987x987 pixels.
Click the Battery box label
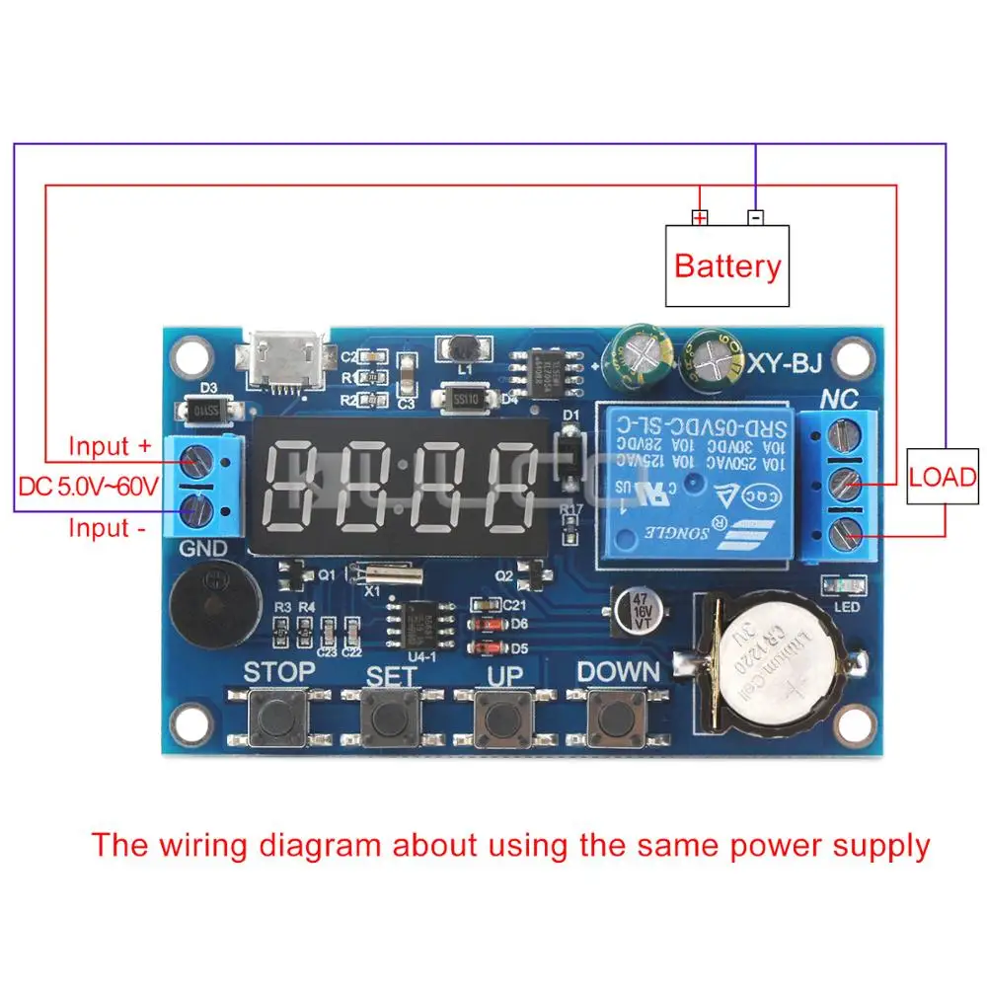click(x=727, y=266)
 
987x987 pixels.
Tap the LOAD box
click(x=942, y=478)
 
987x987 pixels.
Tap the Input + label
click(x=110, y=446)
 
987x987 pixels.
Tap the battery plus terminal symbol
click(x=700, y=217)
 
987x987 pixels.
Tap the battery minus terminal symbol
click(x=755, y=217)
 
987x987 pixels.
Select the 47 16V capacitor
click(x=642, y=611)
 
